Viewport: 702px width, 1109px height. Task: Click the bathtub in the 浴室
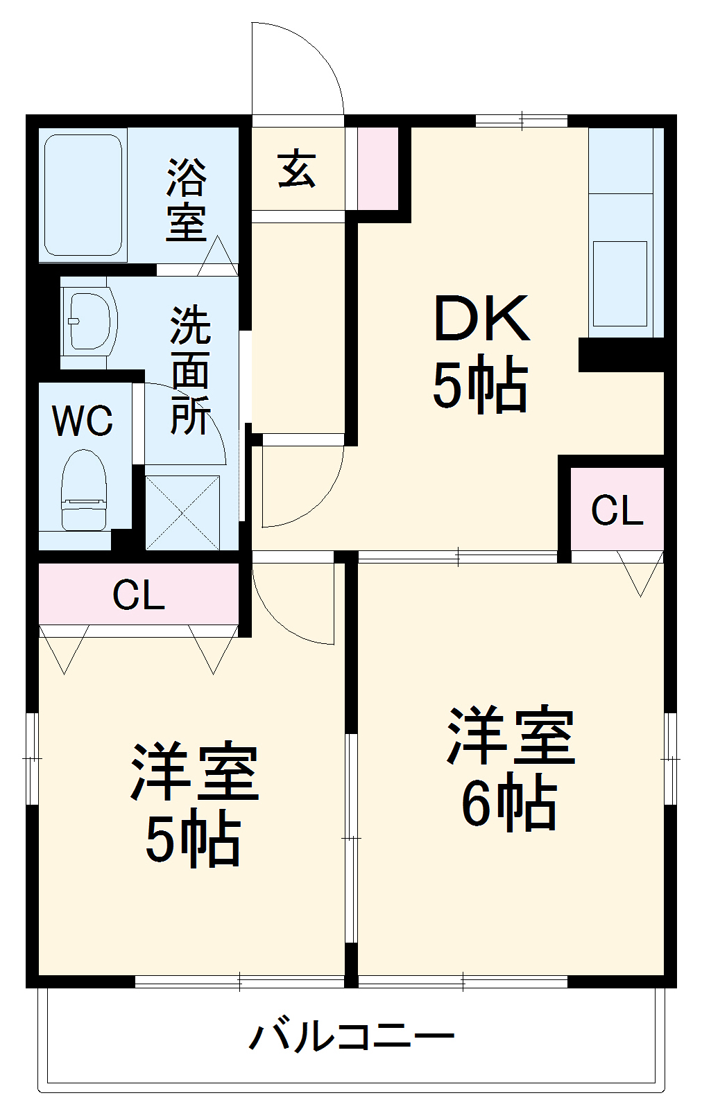coord(83,194)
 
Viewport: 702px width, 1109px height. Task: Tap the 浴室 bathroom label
coord(186,200)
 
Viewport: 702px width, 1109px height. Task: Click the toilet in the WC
coord(84,490)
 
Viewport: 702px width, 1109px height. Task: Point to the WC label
coord(83,420)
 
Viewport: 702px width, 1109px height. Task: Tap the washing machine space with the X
coord(182,513)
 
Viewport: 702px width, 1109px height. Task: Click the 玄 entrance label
coord(297,168)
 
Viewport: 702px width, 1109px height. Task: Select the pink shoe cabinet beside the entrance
coord(377,168)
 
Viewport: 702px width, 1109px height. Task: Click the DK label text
coord(481,320)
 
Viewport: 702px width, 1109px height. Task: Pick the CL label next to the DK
coord(617,511)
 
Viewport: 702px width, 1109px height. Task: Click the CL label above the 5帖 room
coord(139,595)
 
